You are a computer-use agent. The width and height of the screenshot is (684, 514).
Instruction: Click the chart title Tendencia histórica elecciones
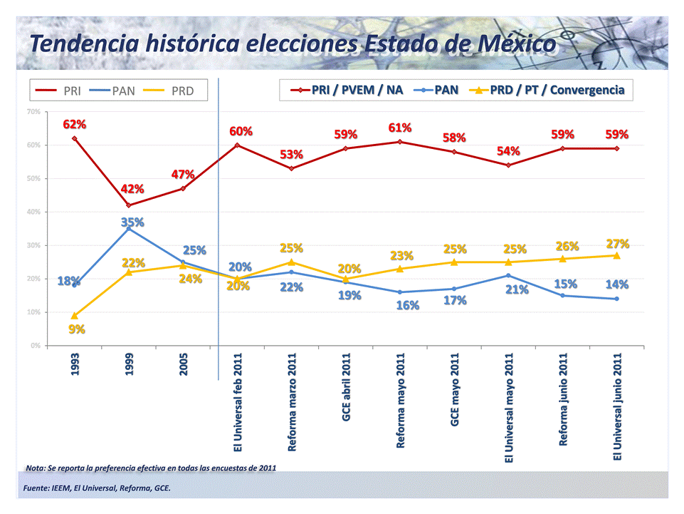click(x=293, y=44)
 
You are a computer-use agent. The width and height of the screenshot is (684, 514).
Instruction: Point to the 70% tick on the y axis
click(x=33, y=112)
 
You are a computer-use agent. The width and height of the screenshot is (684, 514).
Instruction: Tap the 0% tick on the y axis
click(x=35, y=346)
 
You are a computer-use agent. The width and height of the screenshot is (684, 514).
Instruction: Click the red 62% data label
click(x=75, y=124)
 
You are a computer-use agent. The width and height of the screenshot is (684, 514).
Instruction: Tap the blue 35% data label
click(x=132, y=222)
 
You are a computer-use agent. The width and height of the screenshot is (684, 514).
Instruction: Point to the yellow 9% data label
click(x=76, y=329)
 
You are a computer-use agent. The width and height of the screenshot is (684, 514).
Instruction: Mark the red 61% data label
click(x=400, y=128)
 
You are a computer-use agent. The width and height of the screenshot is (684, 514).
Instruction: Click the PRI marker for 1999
click(x=129, y=205)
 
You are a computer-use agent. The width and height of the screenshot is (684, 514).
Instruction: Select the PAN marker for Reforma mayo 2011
click(x=400, y=292)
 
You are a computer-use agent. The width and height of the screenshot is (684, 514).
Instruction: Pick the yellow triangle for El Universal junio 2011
click(x=616, y=255)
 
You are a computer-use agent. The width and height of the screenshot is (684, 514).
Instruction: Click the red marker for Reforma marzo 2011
click(x=291, y=168)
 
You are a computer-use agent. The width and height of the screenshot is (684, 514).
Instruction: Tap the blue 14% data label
click(x=616, y=284)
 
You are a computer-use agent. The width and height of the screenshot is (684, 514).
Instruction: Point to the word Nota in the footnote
click(x=35, y=468)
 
